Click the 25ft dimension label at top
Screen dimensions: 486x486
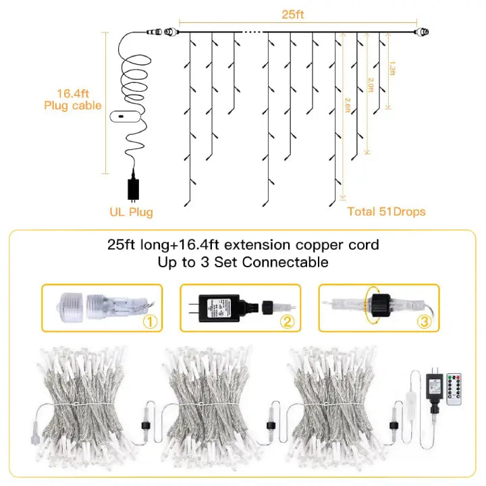pos(294,13)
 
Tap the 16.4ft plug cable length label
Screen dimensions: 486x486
pos(72,100)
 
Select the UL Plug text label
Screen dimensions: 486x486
pos(131,212)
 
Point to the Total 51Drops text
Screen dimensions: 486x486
pos(387,211)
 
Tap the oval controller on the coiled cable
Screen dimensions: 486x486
pos(126,116)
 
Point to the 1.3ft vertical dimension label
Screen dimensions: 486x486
pos(392,69)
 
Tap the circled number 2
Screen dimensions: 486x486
pos(288,321)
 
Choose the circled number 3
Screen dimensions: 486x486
pos(423,321)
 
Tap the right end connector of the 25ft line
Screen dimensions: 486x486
pos(424,31)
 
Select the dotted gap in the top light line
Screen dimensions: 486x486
pos(252,31)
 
